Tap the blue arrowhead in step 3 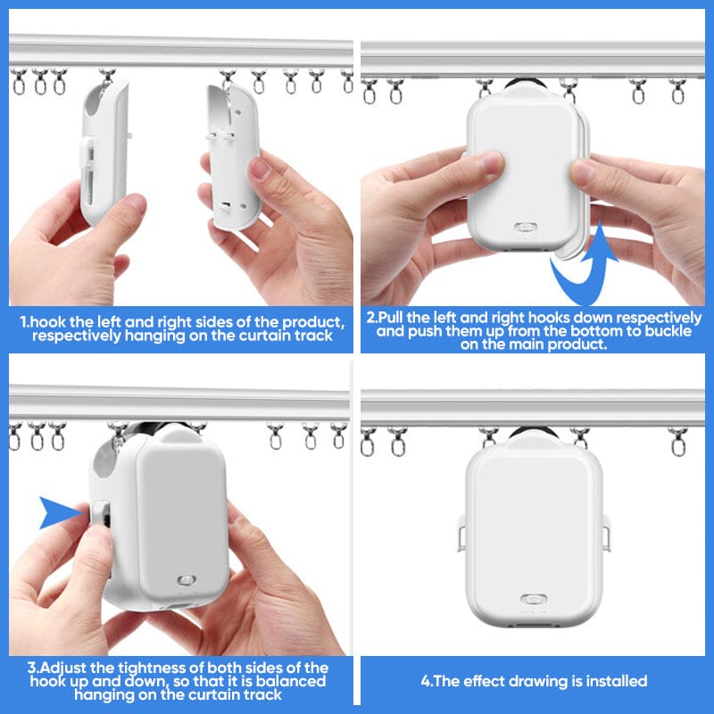tap(59, 512)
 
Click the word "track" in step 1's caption tap(313, 336)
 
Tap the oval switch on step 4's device tap(534, 599)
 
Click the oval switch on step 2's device tap(526, 228)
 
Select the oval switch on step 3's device tap(187, 580)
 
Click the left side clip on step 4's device tap(461, 533)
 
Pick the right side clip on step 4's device tap(606, 533)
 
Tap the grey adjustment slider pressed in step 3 tap(101, 515)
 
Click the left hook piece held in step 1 tap(104, 153)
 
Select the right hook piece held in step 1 tap(233, 157)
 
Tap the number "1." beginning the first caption tap(25, 322)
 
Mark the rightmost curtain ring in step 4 tap(677, 441)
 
